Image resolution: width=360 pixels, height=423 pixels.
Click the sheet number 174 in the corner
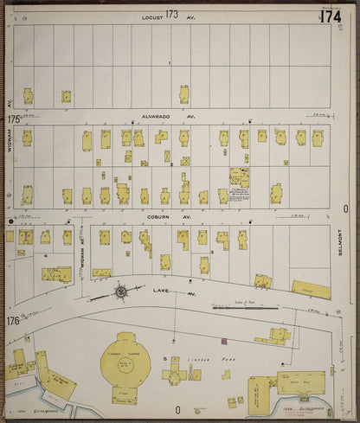pyautogui.click(x=330, y=16)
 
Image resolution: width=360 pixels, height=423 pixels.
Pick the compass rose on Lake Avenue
pyautogui.click(x=120, y=292)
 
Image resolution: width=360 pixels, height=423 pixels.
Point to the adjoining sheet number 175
pyautogui.click(x=13, y=119)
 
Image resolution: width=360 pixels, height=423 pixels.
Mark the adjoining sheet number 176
pyautogui.click(x=12, y=322)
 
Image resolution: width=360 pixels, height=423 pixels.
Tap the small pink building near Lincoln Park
pyautogui.click(x=224, y=341)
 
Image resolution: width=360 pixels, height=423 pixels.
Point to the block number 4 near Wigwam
pyautogui.click(x=44, y=256)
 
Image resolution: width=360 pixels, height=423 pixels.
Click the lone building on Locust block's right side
pyautogui.click(x=184, y=93)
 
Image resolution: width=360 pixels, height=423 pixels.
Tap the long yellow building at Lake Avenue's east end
pyautogui.click(x=311, y=290)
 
